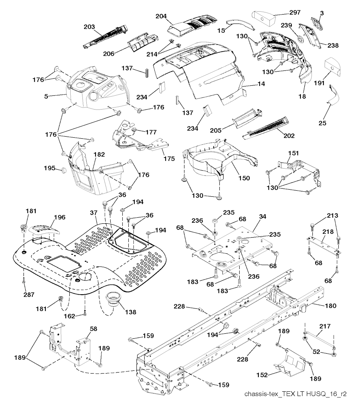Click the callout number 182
pos(99,154)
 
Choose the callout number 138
pos(130,312)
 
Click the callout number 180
pos(330,306)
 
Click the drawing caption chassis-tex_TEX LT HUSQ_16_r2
pos(295,394)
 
